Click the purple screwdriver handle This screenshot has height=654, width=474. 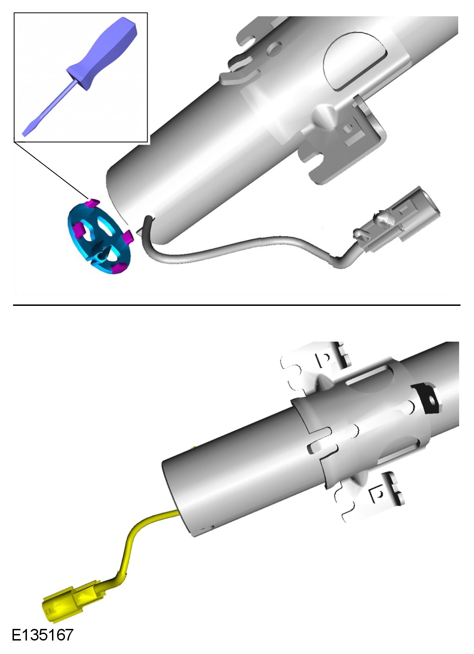point(102,54)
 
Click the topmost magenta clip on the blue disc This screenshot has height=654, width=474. point(93,203)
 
